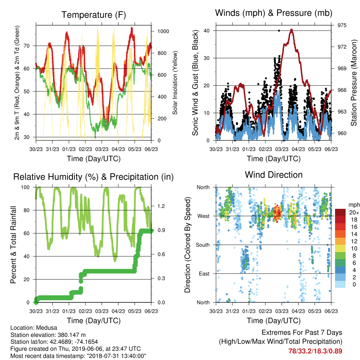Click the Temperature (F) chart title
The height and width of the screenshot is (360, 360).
94,15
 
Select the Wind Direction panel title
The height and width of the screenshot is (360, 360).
274,175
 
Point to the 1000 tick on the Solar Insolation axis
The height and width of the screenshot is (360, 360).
163,31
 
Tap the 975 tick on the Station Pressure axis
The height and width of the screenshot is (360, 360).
342,25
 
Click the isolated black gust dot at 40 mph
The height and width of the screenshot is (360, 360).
279,31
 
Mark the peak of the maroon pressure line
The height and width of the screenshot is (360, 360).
291,30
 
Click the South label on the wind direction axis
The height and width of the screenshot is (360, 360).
203,245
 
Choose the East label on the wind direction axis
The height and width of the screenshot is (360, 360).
204,274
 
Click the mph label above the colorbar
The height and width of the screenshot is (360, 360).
354,205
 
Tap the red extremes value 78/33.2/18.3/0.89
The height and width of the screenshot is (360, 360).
315,351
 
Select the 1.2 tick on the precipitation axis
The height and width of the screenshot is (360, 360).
161,206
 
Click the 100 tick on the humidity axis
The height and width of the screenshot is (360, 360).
25,187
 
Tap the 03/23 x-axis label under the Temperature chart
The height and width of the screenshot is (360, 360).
102,149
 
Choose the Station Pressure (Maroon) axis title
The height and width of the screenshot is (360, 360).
354,83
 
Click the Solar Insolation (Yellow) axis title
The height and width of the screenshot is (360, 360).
175,83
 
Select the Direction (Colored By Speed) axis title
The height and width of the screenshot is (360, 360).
188,245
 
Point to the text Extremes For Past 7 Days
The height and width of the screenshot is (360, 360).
302,333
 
